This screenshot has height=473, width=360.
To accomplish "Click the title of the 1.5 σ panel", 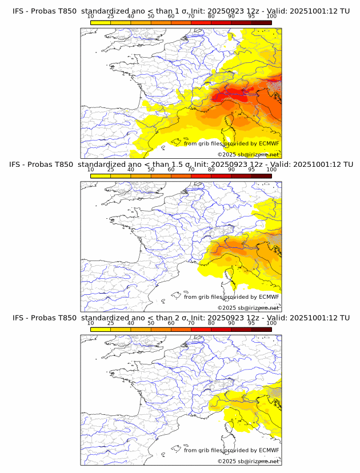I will [x=181, y=165].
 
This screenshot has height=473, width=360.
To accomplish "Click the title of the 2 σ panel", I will [x=181, y=318].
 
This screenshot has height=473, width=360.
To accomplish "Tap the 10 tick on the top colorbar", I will [x=91, y=17].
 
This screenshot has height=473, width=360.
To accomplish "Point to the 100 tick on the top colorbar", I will [x=271, y=17].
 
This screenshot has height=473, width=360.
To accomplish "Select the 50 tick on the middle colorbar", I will [x=151, y=170].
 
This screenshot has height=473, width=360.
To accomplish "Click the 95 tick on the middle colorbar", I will [x=251, y=170].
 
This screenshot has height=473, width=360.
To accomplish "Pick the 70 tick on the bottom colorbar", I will [x=191, y=323].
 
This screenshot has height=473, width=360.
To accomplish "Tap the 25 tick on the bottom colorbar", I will [x=111, y=323].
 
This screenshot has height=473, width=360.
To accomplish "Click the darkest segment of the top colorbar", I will [x=261, y=23].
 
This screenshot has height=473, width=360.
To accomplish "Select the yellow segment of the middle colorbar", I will [x=101, y=176].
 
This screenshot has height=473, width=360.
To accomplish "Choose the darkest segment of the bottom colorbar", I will [x=261, y=330].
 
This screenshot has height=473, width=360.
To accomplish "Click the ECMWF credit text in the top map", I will [x=231, y=143].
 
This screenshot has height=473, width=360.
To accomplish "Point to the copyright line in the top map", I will [x=248, y=155].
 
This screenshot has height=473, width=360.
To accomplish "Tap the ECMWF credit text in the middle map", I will [x=231, y=296].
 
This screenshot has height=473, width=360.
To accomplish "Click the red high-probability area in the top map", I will [x=229, y=94].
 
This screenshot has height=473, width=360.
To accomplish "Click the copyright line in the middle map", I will [x=248, y=308].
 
